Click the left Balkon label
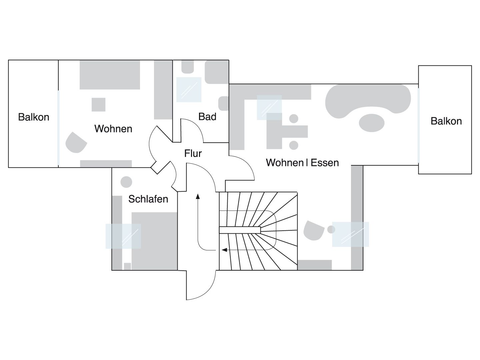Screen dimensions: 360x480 34,117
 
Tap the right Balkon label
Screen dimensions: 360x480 446,121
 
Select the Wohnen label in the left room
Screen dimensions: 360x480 113,129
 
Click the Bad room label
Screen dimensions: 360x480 207,117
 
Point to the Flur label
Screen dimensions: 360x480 193,153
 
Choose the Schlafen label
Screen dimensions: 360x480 148,199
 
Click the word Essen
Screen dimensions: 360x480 325,163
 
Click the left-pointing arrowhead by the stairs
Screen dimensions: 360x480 225,250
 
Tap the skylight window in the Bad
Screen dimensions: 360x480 189,89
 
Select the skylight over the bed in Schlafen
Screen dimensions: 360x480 123,236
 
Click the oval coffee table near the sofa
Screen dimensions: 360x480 372,123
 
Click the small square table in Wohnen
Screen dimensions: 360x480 98,104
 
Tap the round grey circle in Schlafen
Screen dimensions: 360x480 126,182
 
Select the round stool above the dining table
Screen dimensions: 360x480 294,118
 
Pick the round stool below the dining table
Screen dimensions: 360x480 294,145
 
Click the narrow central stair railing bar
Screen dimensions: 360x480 240,230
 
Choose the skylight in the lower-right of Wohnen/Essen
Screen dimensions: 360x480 350,234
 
